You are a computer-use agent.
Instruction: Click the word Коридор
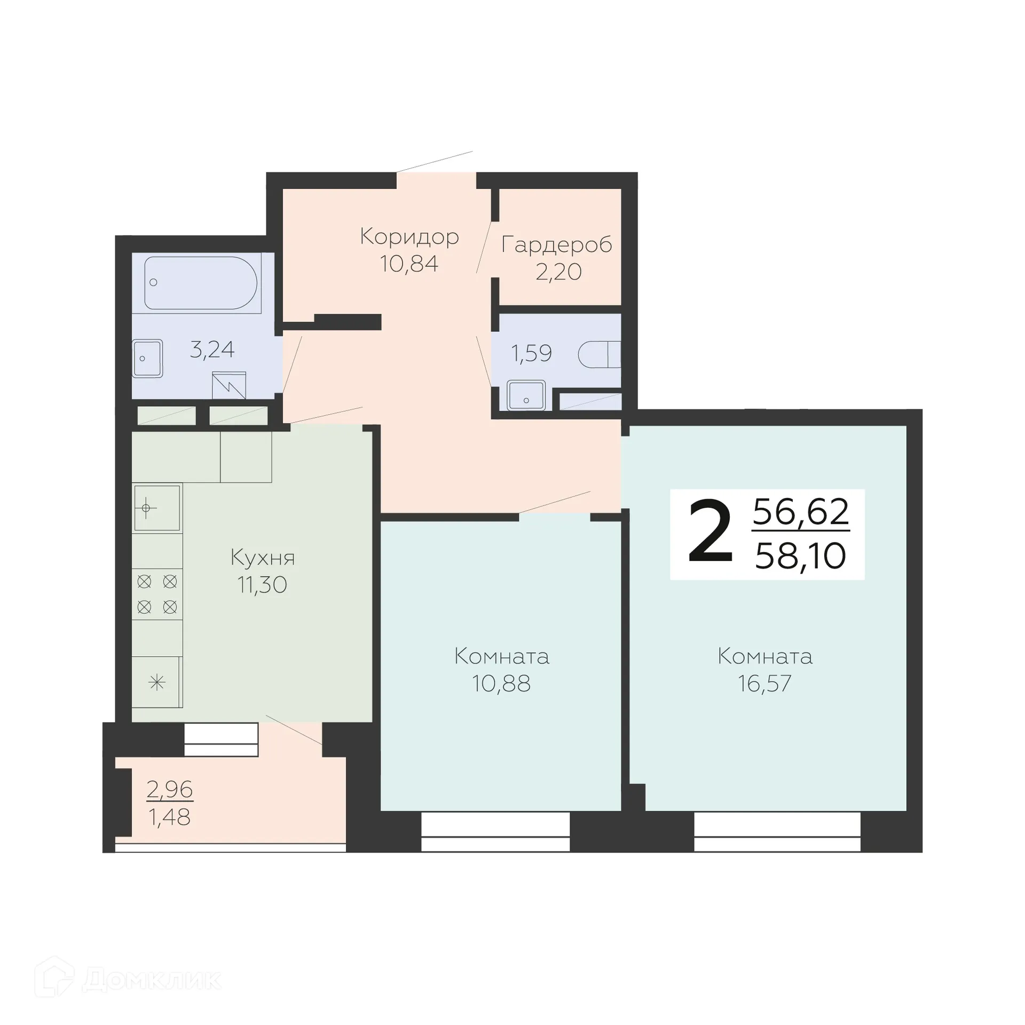[x=409, y=236]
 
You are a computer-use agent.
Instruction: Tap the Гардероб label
[x=556, y=245]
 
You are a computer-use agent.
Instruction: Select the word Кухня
[x=263, y=558]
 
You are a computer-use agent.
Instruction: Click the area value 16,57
[x=764, y=683]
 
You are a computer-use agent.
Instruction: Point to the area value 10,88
[x=501, y=683]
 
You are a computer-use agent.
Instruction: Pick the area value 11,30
[x=262, y=585]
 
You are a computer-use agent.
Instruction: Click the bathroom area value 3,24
[x=212, y=350]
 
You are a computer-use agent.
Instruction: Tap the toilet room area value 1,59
[x=531, y=353]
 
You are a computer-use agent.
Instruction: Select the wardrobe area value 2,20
[x=558, y=272]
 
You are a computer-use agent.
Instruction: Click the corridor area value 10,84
[x=409, y=264]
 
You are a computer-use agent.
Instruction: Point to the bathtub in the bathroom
[x=201, y=283]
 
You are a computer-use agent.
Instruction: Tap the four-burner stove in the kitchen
[x=157, y=594]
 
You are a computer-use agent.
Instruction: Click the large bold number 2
[x=710, y=533]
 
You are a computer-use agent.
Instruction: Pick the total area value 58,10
[x=800, y=556]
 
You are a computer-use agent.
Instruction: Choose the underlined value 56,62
[x=800, y=512]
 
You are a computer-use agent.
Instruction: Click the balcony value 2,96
[x=170, y=789]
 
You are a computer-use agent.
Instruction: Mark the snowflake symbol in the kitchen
[x=157, y=682]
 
